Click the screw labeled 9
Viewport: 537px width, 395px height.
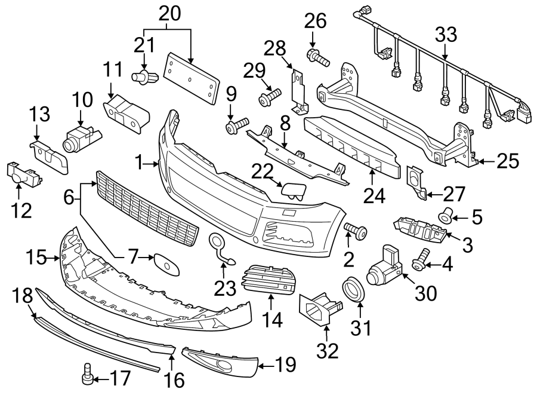pyautogui.click(x=236, y=125)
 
